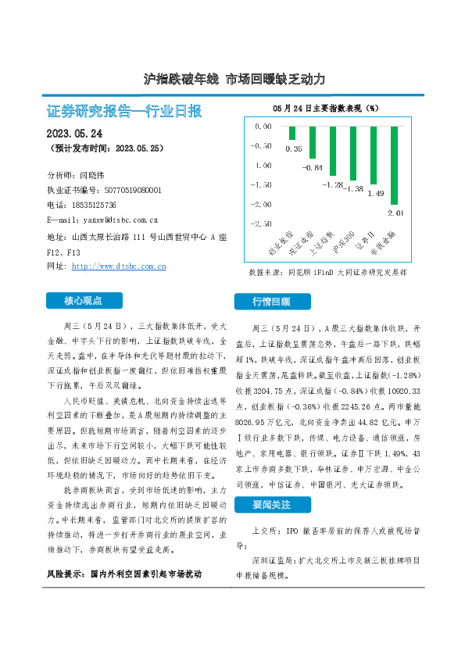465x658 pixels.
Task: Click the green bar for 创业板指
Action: (292, 133)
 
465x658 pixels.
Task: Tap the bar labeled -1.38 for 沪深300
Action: (353, 152)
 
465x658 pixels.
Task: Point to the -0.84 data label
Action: (314, 168)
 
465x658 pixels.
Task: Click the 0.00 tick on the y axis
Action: (263, 126)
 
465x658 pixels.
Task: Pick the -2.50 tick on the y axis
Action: (262, 224)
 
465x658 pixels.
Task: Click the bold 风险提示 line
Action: (123, 574)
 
